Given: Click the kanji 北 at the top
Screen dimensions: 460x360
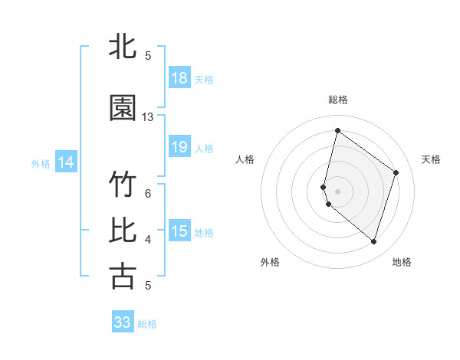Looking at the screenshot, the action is click(123, 47).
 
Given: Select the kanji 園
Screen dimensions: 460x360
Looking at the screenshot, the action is click(123, 109).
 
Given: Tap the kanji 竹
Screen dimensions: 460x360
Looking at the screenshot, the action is click(123, 185).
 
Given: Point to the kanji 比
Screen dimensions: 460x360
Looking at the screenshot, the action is click(123, 231).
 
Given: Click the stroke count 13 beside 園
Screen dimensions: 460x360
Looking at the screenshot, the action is click(148, 117).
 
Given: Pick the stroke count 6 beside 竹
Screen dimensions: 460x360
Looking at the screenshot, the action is click(148, 193).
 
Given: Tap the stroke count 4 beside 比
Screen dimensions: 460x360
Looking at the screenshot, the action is click(148, 239).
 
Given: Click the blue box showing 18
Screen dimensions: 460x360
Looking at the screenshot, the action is click(179, 78).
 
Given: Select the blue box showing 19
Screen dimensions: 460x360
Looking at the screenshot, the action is click(179, 147).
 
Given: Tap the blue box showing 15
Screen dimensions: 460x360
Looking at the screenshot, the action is click(179, 231).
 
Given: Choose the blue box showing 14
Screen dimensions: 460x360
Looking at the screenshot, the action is click(65, 162).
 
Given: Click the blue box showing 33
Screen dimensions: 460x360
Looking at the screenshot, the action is click(123, 322).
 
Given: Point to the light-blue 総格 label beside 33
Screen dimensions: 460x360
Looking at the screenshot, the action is click(148, 324).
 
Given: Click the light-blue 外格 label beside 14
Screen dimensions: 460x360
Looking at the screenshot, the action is click(41, 163).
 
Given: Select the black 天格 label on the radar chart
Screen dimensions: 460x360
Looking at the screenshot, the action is click(431, 159).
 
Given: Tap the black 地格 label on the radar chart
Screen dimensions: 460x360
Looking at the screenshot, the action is click(402, 262).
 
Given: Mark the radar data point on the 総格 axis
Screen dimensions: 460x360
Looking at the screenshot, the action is click(337, 131).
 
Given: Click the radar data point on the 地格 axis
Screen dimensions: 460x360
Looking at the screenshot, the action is click(373, 242).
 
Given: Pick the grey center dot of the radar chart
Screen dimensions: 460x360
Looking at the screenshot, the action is click(337, 191).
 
